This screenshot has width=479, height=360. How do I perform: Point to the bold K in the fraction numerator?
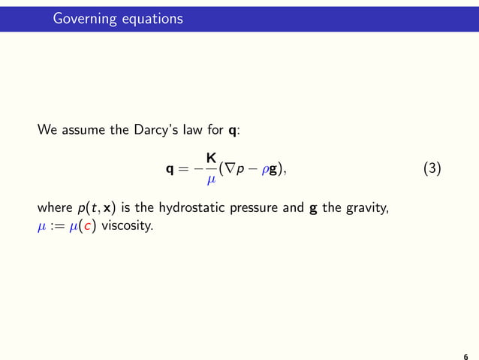(x=212, y=159)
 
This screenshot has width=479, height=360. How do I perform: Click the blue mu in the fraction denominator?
(x=212, y=180)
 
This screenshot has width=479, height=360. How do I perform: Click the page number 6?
(x=466, y=357)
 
